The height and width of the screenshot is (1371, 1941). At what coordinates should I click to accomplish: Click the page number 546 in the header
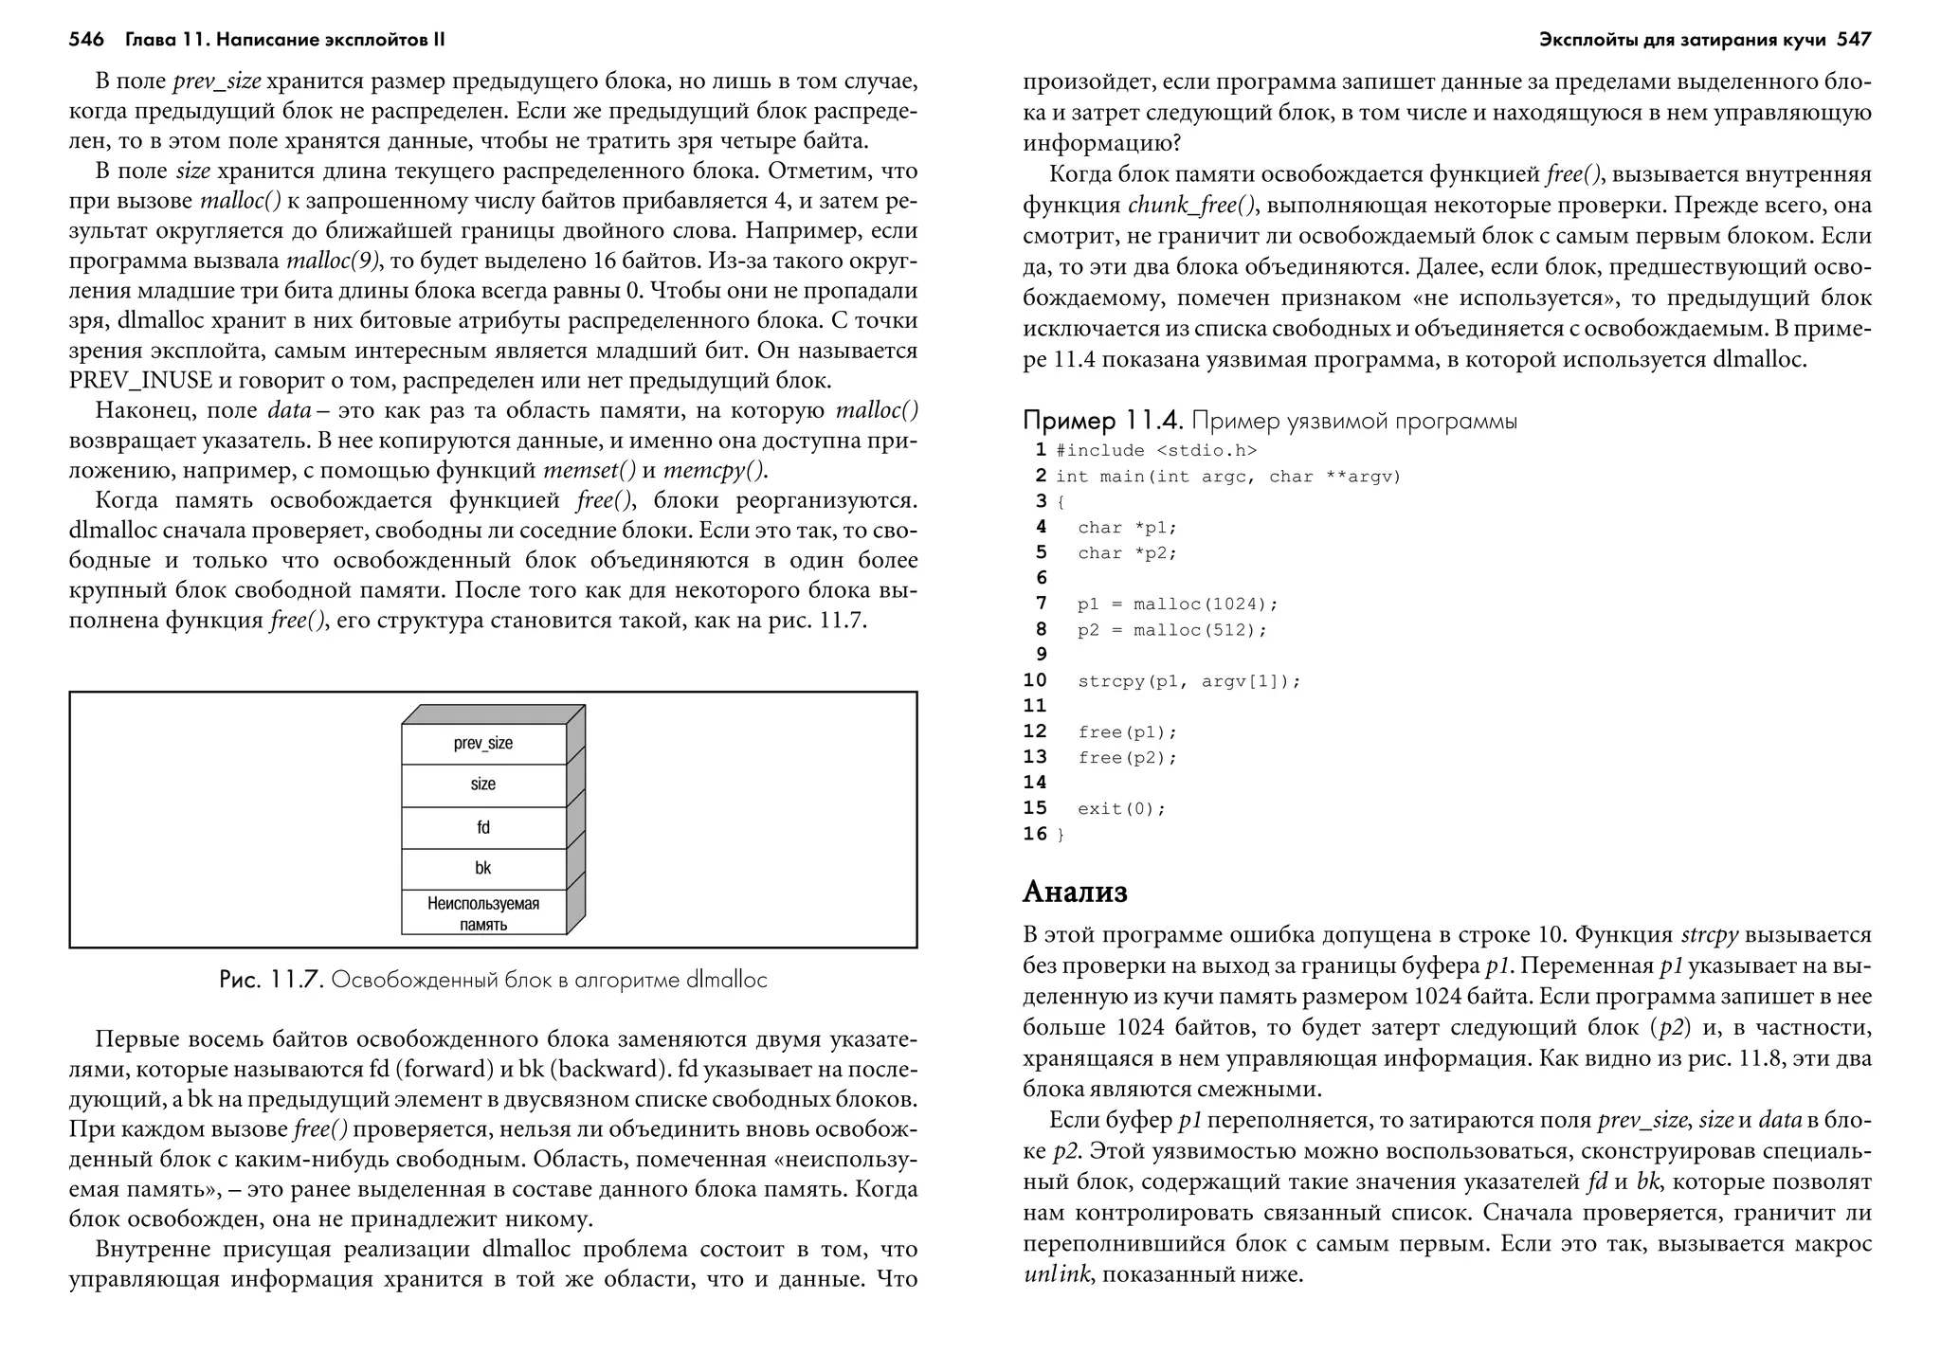tap(86, 40)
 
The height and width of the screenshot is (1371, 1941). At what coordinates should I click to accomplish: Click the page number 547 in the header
tap(1854, 40)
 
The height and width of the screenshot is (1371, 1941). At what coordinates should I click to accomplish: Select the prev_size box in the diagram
tap(483, 744)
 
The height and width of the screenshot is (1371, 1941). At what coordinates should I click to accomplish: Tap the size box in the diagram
tap(483, 785)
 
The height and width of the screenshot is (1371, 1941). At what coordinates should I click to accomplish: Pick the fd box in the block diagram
tap(483, 828)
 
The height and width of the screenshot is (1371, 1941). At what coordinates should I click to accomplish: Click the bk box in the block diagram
tap(483, 869)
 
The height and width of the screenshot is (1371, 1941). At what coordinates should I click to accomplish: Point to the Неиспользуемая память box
tap(483, 913)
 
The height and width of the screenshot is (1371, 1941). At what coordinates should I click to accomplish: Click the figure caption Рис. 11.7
tap(271, 980)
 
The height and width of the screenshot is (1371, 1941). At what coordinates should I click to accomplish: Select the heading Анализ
tap(1075, 892)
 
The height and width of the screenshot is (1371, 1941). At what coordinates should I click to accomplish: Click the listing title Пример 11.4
tap(1103, 421)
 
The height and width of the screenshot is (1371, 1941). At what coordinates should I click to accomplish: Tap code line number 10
tap(1035, 680)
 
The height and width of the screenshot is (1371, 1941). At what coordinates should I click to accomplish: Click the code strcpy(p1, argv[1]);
tap(1188, 681)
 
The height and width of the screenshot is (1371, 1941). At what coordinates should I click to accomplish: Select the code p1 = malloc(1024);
tap(1177, 604)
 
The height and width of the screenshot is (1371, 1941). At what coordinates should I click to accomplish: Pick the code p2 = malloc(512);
tap(1171, 630)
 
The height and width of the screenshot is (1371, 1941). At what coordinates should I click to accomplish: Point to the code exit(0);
tap(1121, 809)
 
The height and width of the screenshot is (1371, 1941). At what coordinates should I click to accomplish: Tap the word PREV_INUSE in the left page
tap(141, 381)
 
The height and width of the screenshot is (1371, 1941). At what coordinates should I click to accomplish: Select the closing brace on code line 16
tap(1061, 835)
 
